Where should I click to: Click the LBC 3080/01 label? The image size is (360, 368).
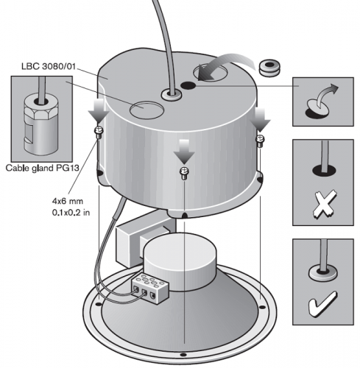(49, 66)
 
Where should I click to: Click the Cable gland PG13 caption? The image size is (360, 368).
(42, 168)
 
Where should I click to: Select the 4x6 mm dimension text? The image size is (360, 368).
(68, 201)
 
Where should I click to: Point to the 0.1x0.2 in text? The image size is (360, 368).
(71, 212)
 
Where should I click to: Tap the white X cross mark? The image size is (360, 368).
(325, 204)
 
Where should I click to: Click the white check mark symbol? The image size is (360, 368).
(322, 303)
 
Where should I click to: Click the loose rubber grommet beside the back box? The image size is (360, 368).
(269, 68)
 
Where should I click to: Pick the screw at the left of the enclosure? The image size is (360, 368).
(99, 132)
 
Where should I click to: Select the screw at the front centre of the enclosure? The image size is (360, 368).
(184, 173)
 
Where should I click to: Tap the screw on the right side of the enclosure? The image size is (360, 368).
(260, 141)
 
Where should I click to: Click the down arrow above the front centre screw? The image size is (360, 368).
(184, 152)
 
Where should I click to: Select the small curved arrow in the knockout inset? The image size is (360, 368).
(326, 95)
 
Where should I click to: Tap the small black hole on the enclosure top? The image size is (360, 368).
(188, 85)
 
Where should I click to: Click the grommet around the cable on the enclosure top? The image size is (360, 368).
(172, 95)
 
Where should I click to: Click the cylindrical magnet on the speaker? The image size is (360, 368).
(180, 261)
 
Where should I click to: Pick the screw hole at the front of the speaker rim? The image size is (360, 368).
(183, 355)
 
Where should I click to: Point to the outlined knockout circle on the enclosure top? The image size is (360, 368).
(147, 110)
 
